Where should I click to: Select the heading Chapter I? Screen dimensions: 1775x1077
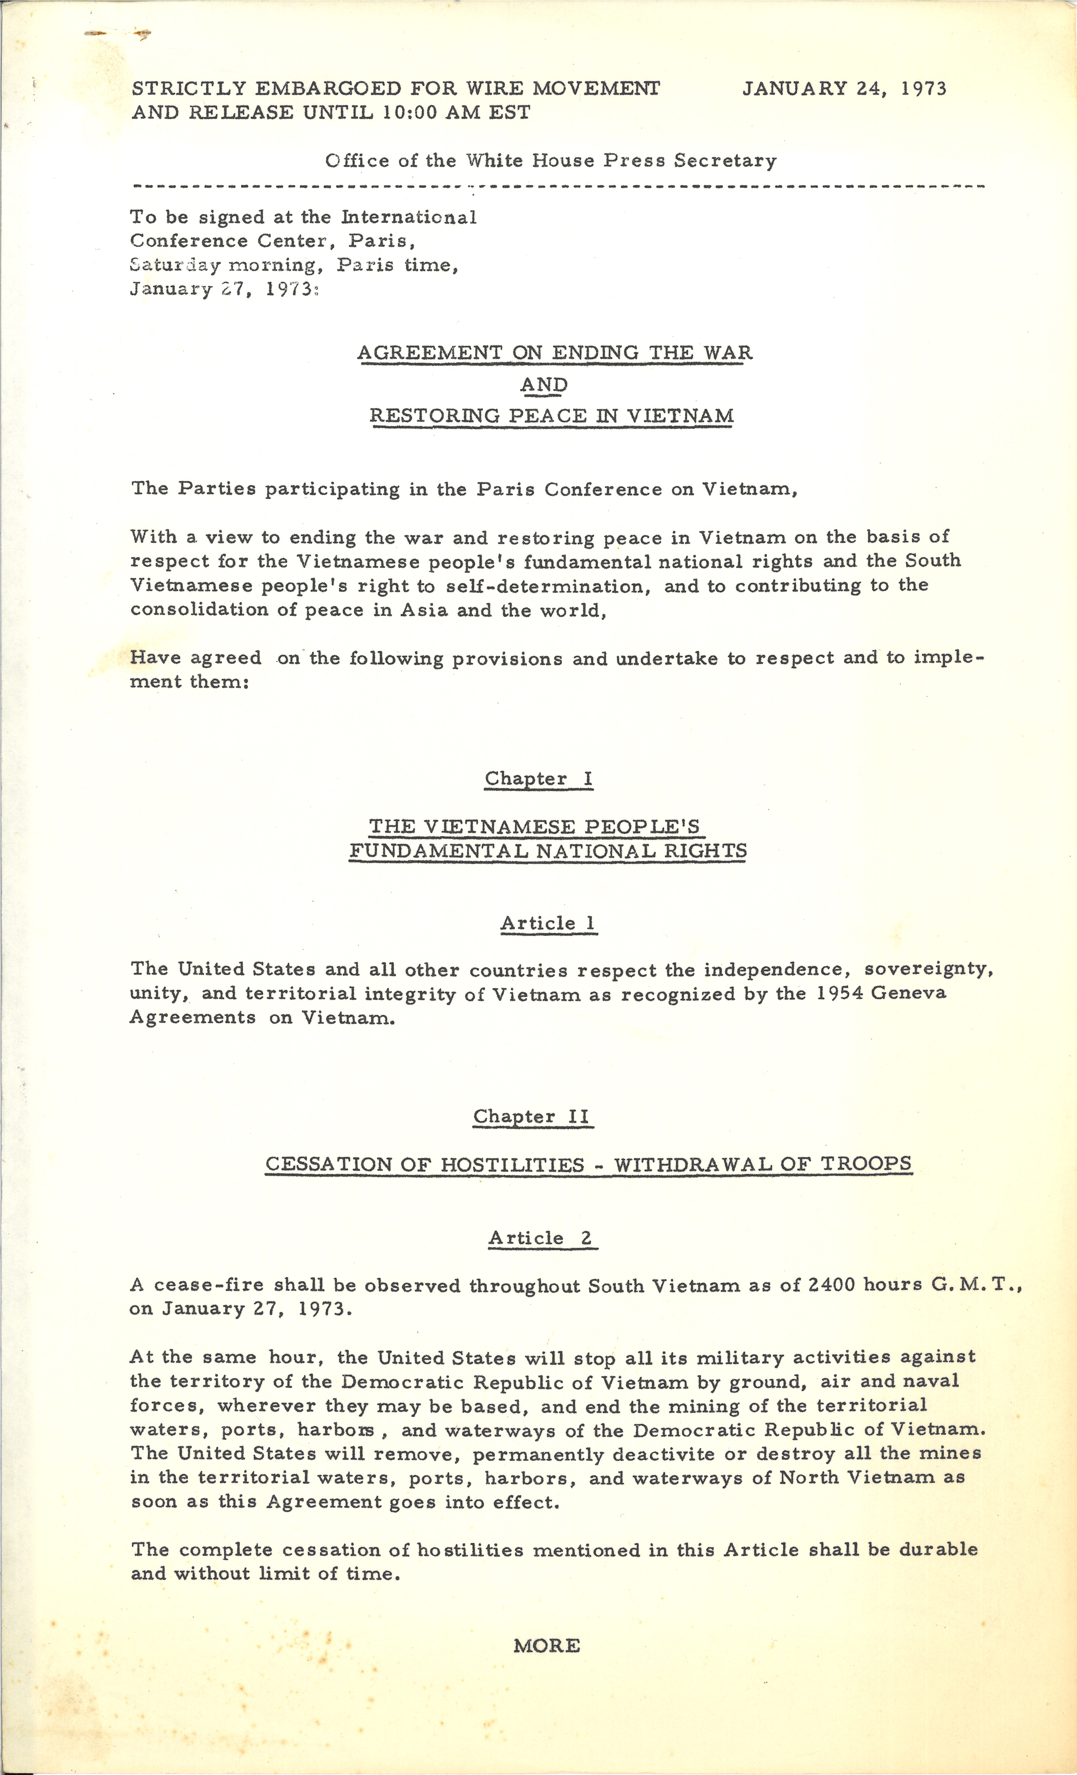[x=538, y=779]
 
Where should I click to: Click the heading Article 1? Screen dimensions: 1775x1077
[x=549, y=923]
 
